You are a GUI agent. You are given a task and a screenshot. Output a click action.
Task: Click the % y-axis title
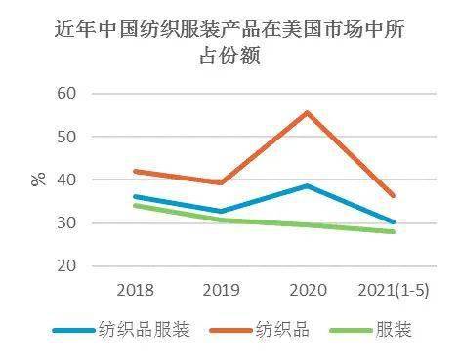pyautogui.click(x=40, y=180)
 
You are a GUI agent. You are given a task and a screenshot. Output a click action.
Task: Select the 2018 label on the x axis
pyautogui.click(x=136, y=289)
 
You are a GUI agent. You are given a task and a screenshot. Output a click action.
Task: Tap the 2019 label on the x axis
pyautogui.click(x=222, y=289)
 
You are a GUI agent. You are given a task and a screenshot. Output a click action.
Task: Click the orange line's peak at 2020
pyautogui.click(x=308, y=112)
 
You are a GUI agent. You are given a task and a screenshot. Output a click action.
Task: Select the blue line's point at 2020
pyautogui.click(x=308, y=185)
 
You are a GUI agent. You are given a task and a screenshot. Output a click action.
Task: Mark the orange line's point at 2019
pyautogui.click(x=222, y=182)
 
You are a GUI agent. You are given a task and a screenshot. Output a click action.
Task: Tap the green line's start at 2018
pyautogui.click(x=136, y=205)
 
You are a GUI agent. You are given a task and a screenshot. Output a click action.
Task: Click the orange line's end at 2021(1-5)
pyautogui.click(x=394, y=195)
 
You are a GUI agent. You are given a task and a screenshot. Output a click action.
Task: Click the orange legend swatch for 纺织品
pyautogui.click(x=225, y=330)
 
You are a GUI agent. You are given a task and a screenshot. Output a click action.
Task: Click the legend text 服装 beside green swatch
pyautogui.click(x=395, y=330)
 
